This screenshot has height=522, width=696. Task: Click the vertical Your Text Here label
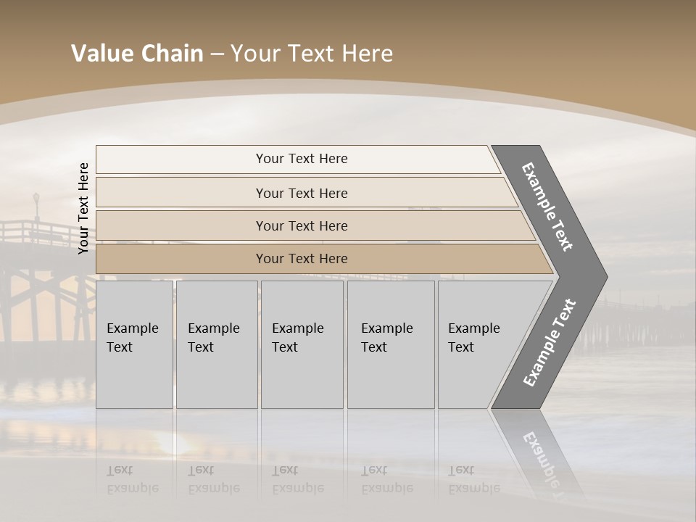point(83,208)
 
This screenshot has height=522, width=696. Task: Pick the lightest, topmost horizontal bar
point(301,159)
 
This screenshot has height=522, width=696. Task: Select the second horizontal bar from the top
point(301,193)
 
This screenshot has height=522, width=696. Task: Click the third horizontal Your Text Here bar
point(301,225)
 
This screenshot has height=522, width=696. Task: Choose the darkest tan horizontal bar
point(301,259)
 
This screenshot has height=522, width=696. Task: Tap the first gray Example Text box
point(134,344)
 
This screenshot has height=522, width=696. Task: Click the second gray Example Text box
point(216,344)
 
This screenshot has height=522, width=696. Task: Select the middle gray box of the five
point(301,344)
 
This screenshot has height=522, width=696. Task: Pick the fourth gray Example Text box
point(390,344)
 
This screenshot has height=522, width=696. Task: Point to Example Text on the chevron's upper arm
point(547,207)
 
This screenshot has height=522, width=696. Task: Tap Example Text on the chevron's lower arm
point(550,342)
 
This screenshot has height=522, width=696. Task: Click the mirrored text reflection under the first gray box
point(133,478)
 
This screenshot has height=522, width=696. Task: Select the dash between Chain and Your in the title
point(217,54)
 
